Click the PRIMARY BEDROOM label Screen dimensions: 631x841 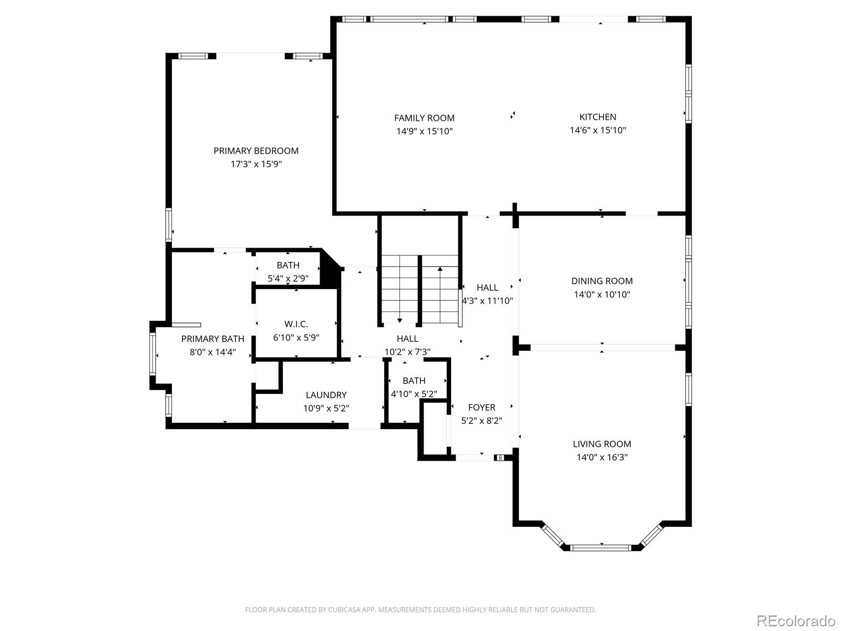click(x=256, y=151)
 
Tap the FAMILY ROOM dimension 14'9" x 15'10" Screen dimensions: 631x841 click(x=424, y=131)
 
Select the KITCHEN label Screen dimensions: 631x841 click(x=598, y=117)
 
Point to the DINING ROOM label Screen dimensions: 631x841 click(x=602, y=281)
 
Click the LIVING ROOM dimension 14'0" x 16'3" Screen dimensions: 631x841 click(x=602, y=457)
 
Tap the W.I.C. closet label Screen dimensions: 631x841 click(x=296, y=324)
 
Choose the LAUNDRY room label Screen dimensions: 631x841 click(x=326, y=395)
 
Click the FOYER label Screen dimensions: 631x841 click(x=481, y=408)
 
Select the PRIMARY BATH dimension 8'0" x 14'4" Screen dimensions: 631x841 click(x=212, y=352)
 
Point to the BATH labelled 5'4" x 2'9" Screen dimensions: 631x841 click(x=288, y=266)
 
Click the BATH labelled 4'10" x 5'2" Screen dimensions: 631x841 click(x=414, y=381)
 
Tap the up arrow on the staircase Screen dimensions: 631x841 click(x=440, y=269)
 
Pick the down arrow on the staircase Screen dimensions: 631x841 click(x=399, y=320)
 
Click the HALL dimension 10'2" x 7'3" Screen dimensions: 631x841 click(x=407, y=352)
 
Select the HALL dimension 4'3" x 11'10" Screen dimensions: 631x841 click(x=487, y=301)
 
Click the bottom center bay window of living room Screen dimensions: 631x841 click(x=601, y=547)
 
